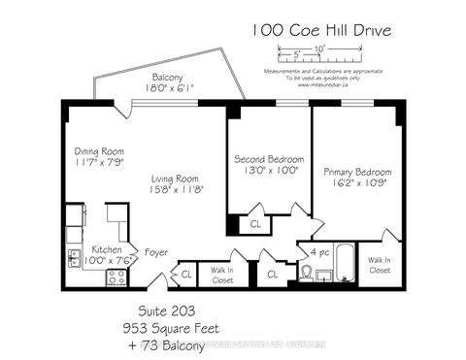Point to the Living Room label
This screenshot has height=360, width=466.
(174, 179)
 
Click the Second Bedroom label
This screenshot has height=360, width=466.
(268, 158)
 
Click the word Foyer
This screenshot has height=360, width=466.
(155, 253)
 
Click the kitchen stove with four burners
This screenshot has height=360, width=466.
(115, 277)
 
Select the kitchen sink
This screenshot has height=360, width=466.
(74, 257)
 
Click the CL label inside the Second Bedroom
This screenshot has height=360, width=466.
(256, 222)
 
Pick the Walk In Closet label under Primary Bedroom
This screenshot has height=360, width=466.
(380, 264)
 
